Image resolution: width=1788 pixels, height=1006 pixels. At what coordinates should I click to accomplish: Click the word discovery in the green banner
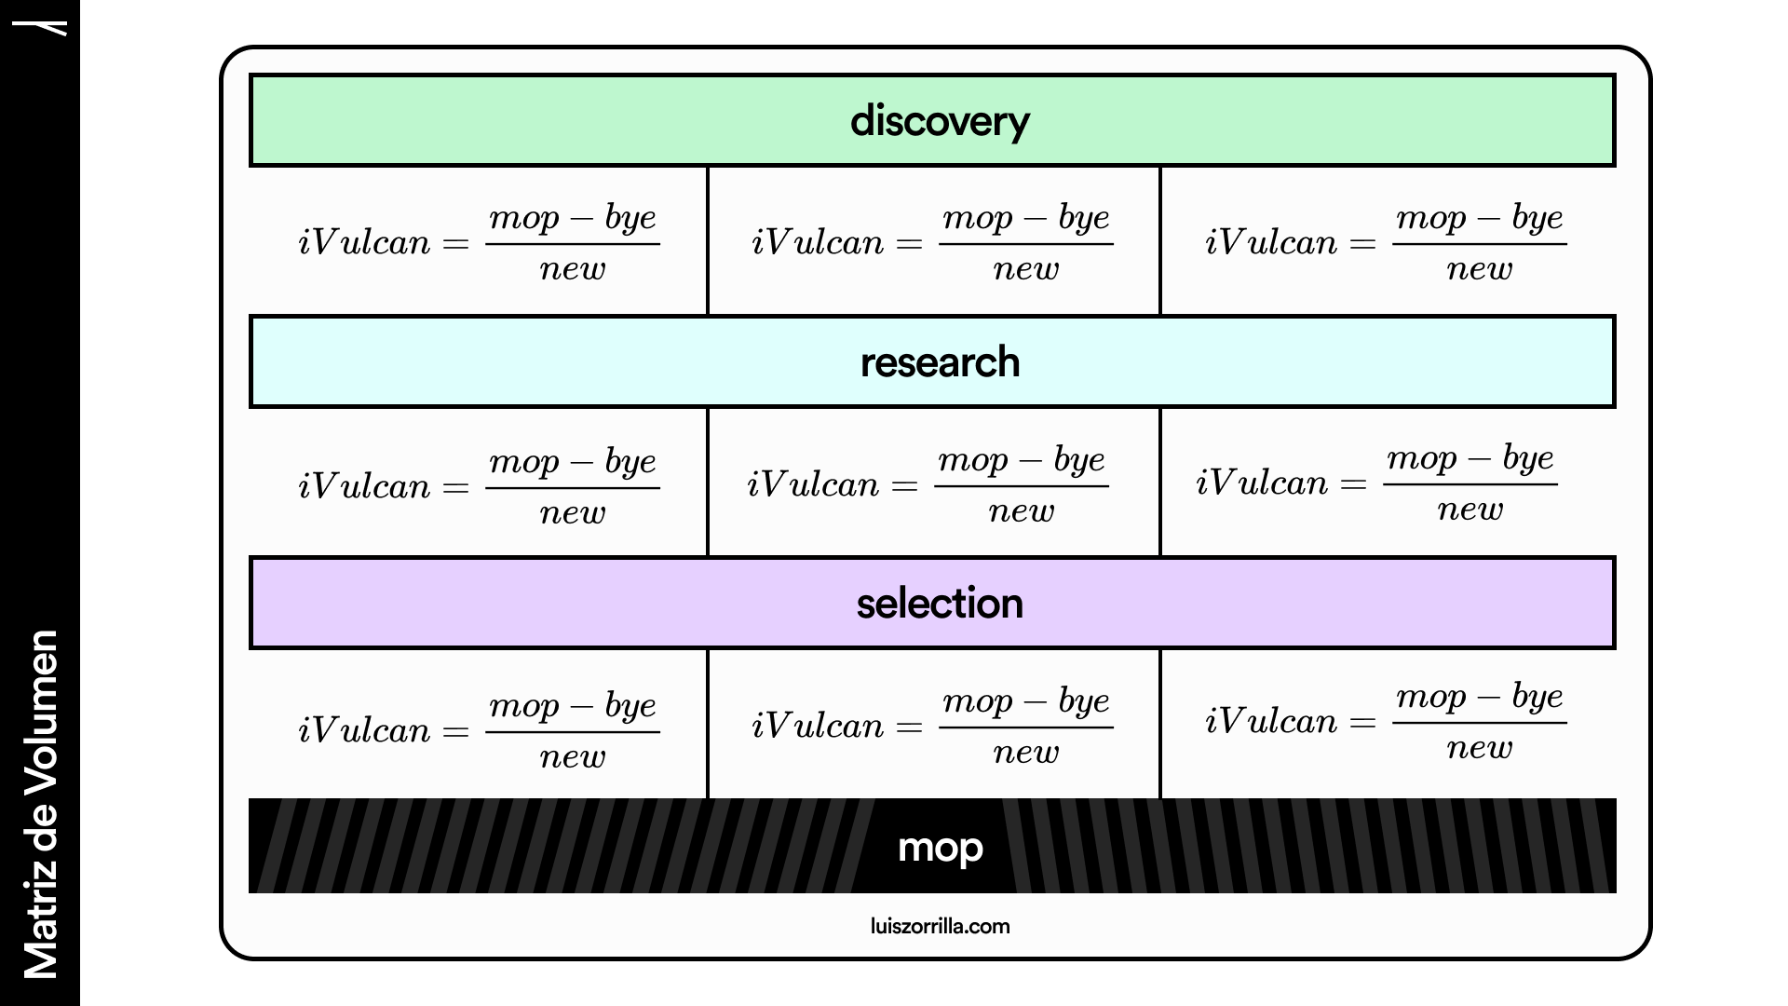click(940, 122)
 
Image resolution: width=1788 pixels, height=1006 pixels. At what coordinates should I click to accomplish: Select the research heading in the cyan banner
click(940, 362)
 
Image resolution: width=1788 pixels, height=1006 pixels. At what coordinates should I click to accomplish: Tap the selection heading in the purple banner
click(940, 604)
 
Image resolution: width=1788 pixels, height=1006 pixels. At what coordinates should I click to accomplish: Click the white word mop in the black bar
click(940, 848)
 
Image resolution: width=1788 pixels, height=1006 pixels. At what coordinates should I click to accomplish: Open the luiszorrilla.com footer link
click(940, 926)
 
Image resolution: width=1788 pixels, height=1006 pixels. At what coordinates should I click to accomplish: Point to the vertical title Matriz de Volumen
click(41, 805)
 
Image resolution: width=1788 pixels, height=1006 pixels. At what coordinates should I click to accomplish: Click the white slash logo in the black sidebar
click(57, 28)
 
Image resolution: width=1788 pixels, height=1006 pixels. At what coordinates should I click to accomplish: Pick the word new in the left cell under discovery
click(573, 269)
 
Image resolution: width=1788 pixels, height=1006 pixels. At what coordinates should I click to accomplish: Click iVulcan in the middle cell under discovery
click(818, 243)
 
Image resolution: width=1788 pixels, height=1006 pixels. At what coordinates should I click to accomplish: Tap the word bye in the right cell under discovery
click(1537, 219)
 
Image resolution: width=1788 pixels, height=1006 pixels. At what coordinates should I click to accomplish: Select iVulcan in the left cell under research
click(364, 486)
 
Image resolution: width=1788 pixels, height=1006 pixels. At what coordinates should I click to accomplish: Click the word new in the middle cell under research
click(1022, 511)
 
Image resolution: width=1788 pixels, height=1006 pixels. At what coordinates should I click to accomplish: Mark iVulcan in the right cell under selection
click(1271, 722)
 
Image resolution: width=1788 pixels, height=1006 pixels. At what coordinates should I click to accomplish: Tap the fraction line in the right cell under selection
click(1479, 723)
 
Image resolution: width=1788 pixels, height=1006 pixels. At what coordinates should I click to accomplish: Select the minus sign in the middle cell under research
click(1030, 461)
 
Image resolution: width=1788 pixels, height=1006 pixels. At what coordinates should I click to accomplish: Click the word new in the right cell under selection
click(1479, 748)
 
